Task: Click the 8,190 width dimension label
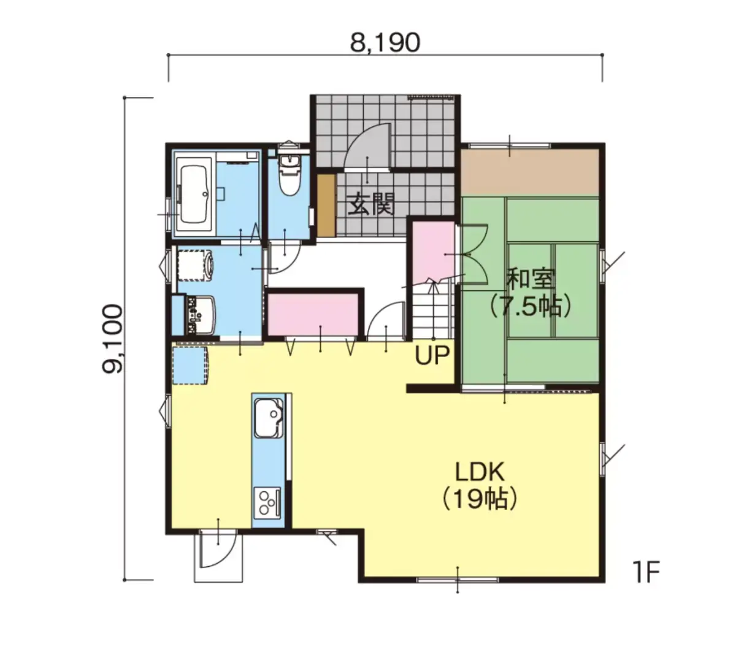point(385,42)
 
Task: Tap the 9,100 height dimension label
point(112,339)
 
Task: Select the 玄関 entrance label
point(370,205)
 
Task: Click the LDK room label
point(480,472)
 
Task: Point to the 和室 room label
point(531,279)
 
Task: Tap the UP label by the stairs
point(432,355)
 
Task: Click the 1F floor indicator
point(646,572)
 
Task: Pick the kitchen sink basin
point(269,418)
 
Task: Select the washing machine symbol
point(194,265)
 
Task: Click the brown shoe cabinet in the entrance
point(326,206)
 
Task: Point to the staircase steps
point(432,310)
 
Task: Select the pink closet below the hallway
point(313,315)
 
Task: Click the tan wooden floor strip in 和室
point(530,172)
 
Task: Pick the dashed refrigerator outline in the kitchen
point(190,365)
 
